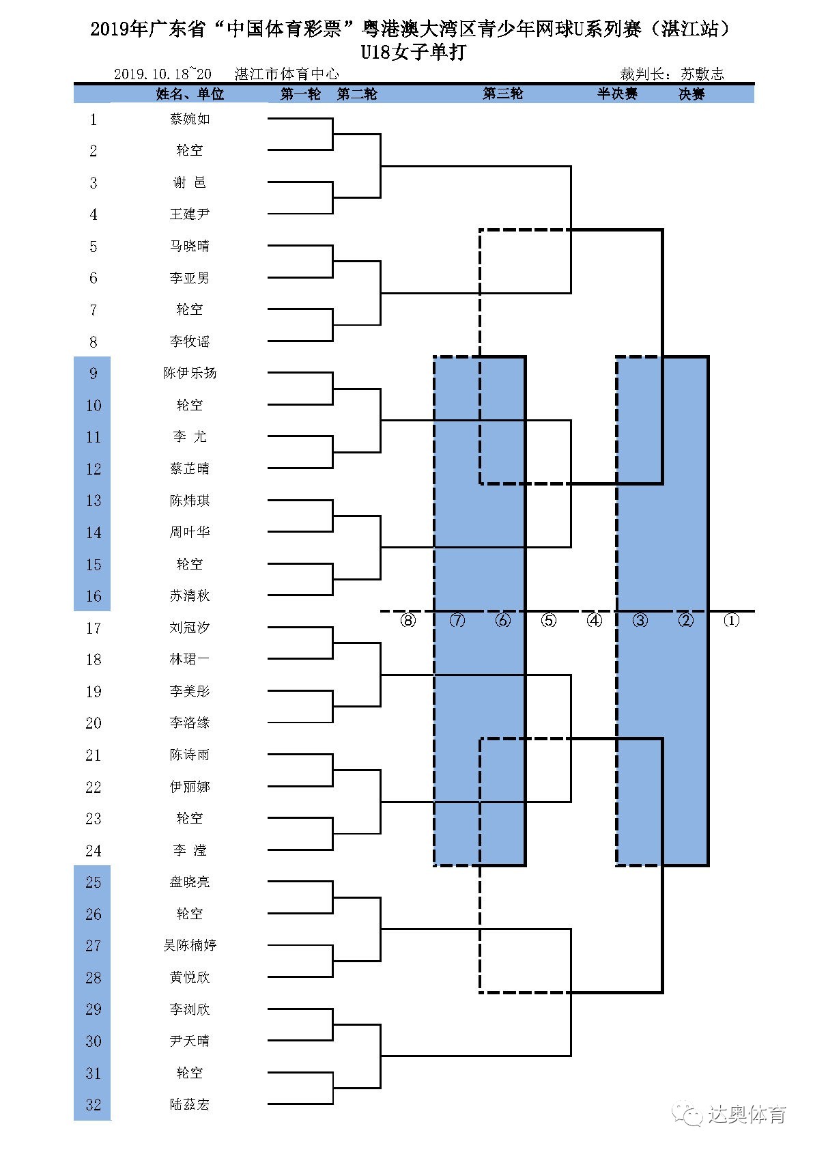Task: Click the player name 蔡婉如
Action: (190, 119)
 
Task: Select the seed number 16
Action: (94, 596)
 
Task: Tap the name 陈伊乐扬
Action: (190, 373)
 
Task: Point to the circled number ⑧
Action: (408, 620)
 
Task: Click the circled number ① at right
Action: (731, 620)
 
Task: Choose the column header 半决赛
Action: (617, 94)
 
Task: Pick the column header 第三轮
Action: (503, 94)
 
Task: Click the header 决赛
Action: (691, 94)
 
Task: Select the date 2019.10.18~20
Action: (162, 74)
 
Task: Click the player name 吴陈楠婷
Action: (190, 945)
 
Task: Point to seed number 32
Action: (94, 1104)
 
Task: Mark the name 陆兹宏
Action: (190, 1104)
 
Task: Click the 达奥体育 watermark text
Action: (747, 1115)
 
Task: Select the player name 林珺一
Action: (190, 659)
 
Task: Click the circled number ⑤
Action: (549, 620)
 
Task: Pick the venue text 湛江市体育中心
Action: (287, 74)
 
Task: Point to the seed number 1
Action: (94, 120)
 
